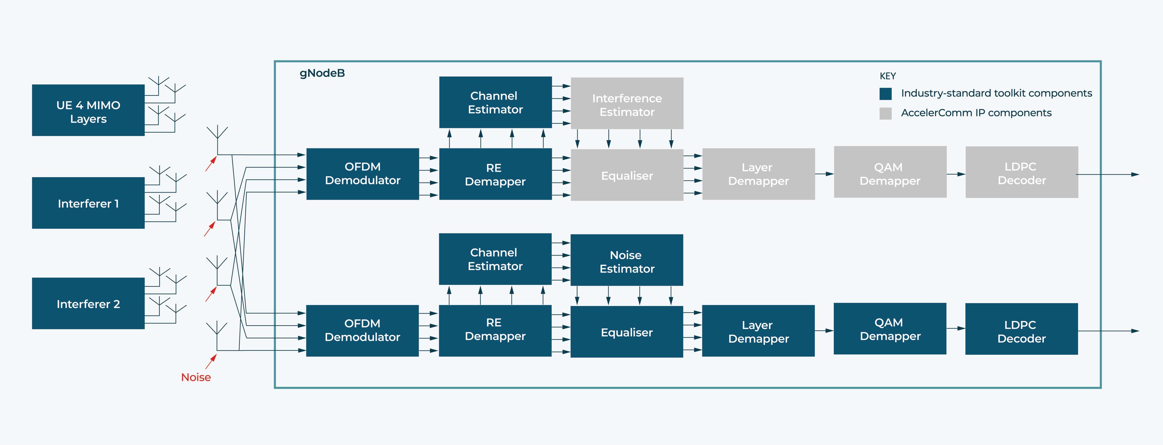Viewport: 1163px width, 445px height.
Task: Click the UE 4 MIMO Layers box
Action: (88, 110)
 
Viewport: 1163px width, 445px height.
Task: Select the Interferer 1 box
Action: (88, 203)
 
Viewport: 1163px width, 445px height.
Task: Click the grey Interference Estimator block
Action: (626, 103)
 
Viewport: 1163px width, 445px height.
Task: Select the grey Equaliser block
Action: (626, 175)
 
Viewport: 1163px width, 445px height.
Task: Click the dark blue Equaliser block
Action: (626, 332)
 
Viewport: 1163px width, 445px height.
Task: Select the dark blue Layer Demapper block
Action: (758, 331)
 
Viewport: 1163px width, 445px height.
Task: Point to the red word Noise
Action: (195, 377)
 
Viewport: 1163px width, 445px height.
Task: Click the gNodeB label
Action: (322, 73)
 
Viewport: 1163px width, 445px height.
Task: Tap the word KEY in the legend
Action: (887, 76)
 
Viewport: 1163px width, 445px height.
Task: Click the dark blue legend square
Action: (885, 94)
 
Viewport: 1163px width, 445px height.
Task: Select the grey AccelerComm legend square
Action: (885, 113)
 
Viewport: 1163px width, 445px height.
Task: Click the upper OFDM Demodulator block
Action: (362, 174)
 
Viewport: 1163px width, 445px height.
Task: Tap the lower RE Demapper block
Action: (495, 330)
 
